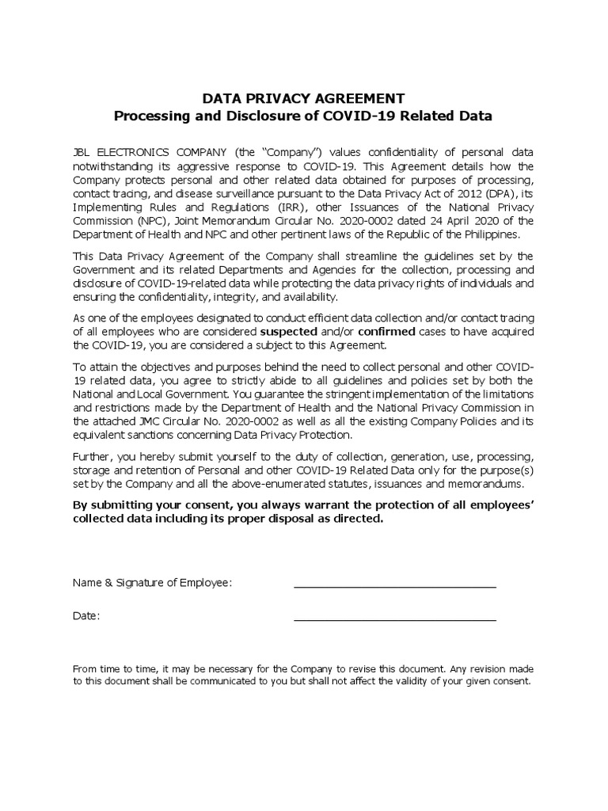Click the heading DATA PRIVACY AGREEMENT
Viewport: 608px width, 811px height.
304,98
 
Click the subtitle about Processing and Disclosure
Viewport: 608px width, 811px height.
304,116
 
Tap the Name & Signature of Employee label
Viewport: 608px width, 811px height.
152,583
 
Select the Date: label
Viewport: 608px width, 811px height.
86,616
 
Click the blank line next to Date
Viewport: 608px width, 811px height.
394,618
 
